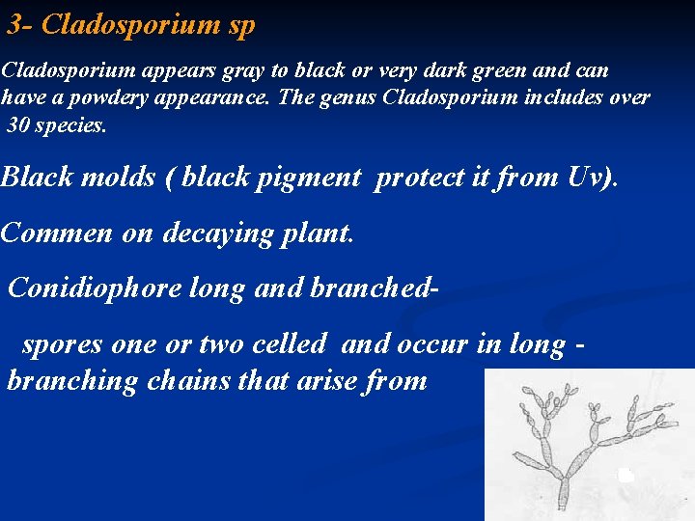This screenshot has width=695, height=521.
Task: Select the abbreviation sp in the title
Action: [x=242, y=27]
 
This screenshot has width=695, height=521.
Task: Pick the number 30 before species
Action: [x=21, y=124]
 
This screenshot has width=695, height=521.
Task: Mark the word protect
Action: [x=419, y=178]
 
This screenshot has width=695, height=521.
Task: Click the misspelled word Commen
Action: [x=48, y=233]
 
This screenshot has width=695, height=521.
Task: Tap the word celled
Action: [x=285, y=344]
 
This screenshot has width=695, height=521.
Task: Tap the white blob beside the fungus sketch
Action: [x=625, y=475]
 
